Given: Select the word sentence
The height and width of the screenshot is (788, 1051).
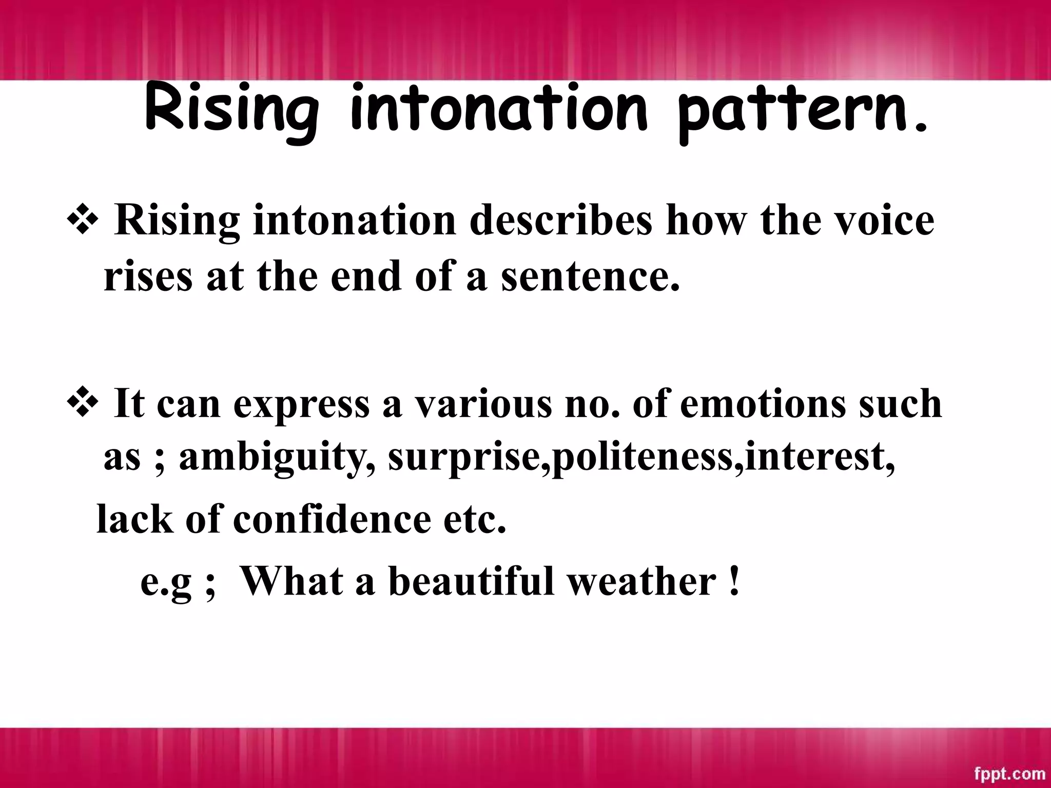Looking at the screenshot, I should click(x=590, y=276).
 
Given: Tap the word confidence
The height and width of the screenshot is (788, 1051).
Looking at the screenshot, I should click(x=332, y=519).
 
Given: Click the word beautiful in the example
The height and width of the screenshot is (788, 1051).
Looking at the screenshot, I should click(x=471, y=581).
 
